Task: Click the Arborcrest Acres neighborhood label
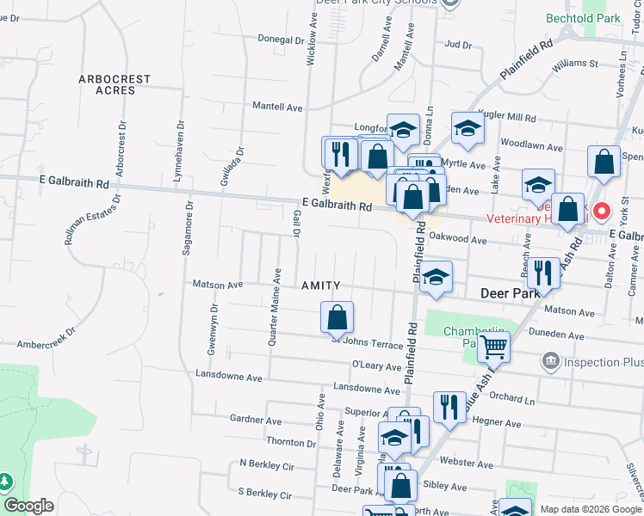(x=115, y=84)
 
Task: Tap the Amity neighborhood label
(x=320, y=286)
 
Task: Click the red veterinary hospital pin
(x=602, y=210)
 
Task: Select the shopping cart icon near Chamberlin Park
(x=494, y=347)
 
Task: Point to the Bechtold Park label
(x=583, y=18)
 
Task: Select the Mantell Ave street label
(x=277, y=107)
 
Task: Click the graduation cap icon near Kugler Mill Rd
(x=468, y=128)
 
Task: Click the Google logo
(x=28, y=507)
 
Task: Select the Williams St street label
(x=575, y=64)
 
